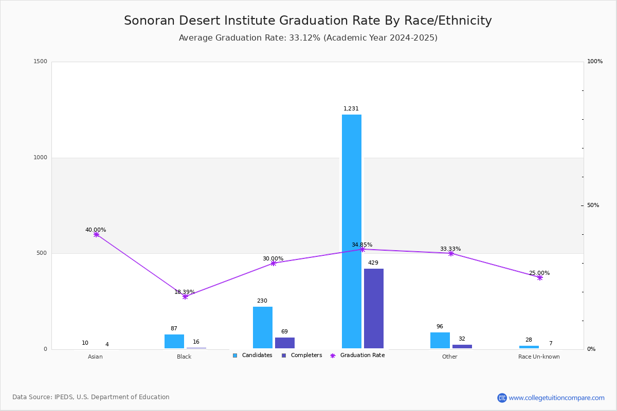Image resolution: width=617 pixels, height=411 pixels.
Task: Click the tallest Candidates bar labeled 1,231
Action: [352, 231]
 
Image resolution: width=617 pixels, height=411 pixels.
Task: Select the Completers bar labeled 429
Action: [374, 308]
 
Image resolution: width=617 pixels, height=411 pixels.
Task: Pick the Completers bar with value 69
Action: [285, 343]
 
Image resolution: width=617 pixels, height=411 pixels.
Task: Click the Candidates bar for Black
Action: [174, 342]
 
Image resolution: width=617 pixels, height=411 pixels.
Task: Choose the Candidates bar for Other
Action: [440, 341]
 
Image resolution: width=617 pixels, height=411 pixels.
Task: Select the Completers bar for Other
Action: [462, 347]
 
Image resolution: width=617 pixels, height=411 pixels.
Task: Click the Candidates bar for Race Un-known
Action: [529, 347]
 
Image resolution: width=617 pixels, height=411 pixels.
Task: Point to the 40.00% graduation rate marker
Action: [96, 234]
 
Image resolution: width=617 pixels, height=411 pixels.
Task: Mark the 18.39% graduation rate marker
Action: [185, 296]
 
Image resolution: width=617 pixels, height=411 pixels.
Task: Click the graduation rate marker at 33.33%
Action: [451, 253]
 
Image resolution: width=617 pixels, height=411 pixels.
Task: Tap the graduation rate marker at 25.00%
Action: [540, 277]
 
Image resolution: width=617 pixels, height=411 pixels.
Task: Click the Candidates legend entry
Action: [252, 356]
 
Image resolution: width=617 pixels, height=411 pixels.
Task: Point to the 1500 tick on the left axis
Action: [41, 62]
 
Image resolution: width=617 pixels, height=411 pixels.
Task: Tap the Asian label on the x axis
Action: [95, 357]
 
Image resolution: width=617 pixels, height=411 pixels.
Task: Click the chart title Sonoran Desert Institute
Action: [307, 21]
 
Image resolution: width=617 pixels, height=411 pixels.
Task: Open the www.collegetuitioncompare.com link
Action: [556, 398]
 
